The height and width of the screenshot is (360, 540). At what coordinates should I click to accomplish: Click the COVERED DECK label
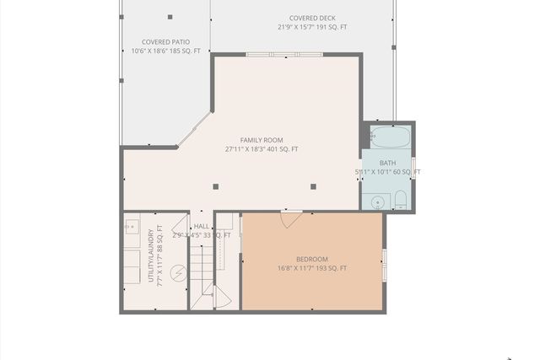pos(312,18)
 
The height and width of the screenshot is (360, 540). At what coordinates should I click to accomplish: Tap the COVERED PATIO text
pos(165,41)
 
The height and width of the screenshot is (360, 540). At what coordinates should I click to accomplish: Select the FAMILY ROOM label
pos(262,140)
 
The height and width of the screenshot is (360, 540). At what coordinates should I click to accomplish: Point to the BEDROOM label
pos(312,259)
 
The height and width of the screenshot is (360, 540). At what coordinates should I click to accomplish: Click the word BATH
pos(387,163)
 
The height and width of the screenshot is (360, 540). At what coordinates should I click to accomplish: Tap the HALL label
pos(202,226)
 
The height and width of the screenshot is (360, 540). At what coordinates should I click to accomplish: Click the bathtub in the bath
pos(390,137)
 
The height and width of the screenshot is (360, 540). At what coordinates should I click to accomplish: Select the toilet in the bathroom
pos(400,201)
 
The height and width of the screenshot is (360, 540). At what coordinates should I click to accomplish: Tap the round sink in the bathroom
pos(377,202)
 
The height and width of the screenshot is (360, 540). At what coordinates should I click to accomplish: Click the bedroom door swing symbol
pos(291,219)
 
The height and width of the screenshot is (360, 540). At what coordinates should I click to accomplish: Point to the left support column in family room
pos(216,186)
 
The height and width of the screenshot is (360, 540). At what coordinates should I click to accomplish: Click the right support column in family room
pos(313,186)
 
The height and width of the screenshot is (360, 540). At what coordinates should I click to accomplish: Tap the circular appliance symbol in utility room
pos(179,272)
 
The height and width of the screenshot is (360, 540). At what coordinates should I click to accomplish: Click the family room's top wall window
pos(284,55)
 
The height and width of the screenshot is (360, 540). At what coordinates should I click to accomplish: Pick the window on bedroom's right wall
pos(384,265)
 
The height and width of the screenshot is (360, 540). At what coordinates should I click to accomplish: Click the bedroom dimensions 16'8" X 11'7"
pos(312,268)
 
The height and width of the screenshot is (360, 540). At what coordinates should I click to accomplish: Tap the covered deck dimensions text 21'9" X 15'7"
pos(312,27)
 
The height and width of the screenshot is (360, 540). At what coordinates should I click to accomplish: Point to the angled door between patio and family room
pos(194,129)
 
